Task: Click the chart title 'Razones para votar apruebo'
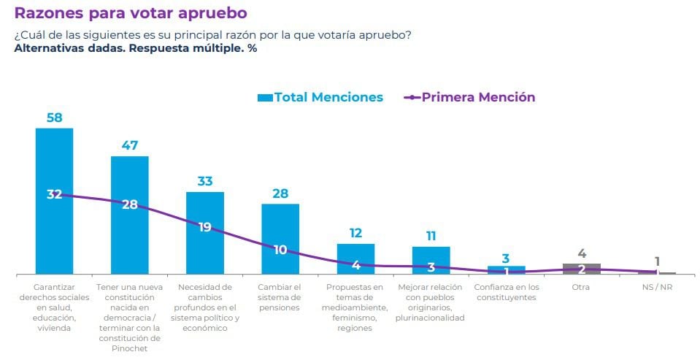[x=131, y=13]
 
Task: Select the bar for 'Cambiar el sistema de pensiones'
[x=280, y=226]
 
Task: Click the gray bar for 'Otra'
[x=582, y=269]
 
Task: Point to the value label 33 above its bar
[x=205, y=181]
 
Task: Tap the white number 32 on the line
[x=55, y=194]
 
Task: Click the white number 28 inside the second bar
[x=130, y=204]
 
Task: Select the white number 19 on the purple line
[x=205, y=227]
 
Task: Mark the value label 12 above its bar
[x=355, y=233]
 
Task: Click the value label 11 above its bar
[x=431, y=236]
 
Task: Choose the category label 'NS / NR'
[x=657, y=287]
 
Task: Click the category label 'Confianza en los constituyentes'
[x=507, y=292]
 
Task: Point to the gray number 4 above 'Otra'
[x=582, y=254]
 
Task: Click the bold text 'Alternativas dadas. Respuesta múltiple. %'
[x=135, y=48]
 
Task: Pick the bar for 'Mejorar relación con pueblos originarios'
[x=431, y=260]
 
